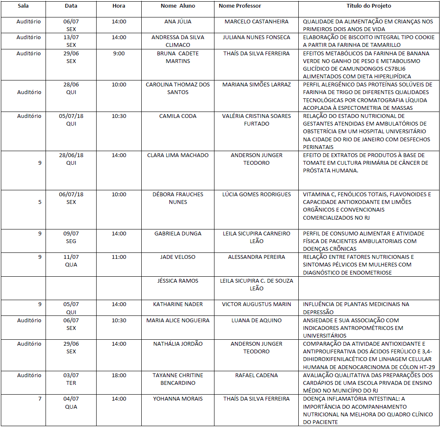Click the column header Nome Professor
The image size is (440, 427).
click(240, 6)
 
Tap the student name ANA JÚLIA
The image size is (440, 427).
click(178, 22)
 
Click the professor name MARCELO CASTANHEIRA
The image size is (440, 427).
click(256, 22)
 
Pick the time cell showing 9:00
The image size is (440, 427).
click(119, 54)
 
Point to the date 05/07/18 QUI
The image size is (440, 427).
click(71, 120)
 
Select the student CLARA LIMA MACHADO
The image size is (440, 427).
click(178, 155)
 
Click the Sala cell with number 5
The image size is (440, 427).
click(40, 202)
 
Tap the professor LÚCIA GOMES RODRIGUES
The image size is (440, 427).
click(257, 195)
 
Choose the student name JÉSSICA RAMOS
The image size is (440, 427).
click(178, 281)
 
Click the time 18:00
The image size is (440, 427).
click(119, 375)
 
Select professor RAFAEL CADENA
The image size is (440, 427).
click(256, 375)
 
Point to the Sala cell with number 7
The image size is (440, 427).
click(40, 399)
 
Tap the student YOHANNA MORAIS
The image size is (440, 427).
click(178, 399)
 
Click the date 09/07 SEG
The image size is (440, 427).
click(71, 237)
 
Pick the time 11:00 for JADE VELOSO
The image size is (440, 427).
click(119, 257)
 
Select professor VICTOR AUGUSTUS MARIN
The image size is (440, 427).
click(256, 304)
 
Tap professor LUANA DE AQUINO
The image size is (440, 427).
click(256, 321)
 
